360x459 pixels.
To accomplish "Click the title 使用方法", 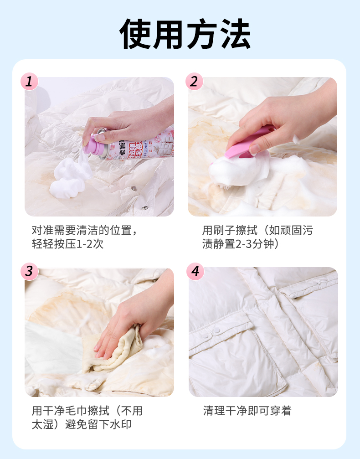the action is pos(185,34).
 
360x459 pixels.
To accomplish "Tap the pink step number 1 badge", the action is pos(29,81).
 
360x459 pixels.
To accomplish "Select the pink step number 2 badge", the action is pos(194,81).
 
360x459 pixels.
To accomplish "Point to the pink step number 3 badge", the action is pos(29,271).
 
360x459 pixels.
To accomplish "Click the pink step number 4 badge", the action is pos(195,271).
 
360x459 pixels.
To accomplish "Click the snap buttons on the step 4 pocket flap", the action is pos(212,332).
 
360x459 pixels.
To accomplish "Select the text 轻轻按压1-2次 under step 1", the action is pos(67,243).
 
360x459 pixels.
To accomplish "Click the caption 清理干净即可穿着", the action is pos(247,411).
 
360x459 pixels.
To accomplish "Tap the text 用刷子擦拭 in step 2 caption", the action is pos(230,230).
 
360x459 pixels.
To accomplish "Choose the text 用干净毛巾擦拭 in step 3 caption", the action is pos(71,411).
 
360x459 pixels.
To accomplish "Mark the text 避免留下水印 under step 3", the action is pos(98,424).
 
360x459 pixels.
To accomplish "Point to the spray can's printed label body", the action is pos(140,145).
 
